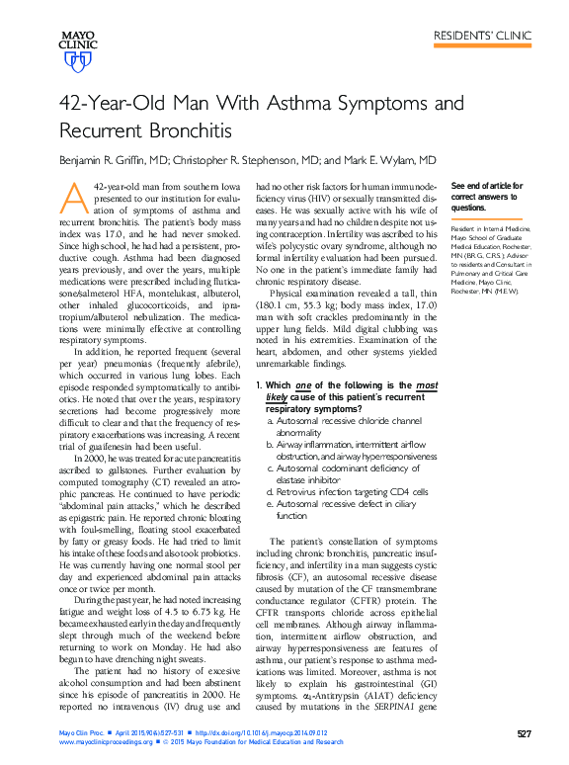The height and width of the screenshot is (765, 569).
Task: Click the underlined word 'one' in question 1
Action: (x=303, y=385)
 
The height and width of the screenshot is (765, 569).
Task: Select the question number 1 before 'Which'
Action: (x=259, y=385)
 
